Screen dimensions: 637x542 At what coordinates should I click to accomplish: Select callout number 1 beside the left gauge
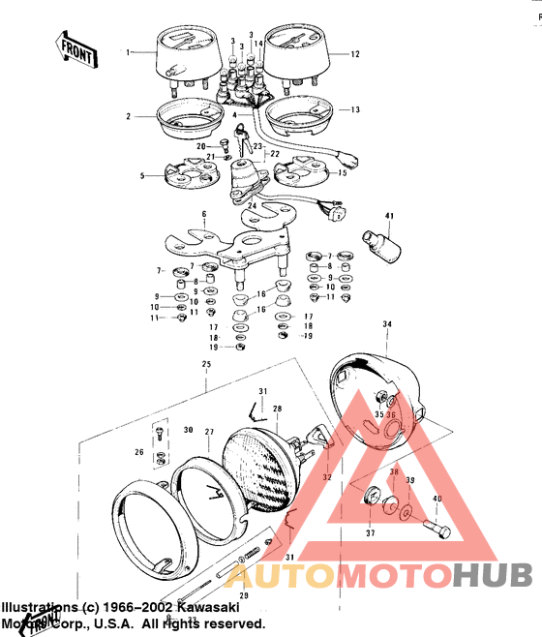[126, 51]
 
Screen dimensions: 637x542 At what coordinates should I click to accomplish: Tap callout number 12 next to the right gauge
[354, 54]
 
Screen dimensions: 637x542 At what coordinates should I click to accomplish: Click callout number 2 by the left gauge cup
[127, 116]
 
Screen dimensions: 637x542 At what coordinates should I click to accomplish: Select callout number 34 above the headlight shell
[387, 323]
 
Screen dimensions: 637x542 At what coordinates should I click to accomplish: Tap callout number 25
[205, 364]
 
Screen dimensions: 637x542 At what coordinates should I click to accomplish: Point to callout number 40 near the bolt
[436, 499]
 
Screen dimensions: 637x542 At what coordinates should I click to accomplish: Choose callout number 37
[369, 532]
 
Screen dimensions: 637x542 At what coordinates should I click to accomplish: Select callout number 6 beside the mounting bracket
[204, 213]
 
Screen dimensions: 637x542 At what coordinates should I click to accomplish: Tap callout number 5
[142, 176]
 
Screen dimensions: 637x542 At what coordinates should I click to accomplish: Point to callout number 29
[244, 595]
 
